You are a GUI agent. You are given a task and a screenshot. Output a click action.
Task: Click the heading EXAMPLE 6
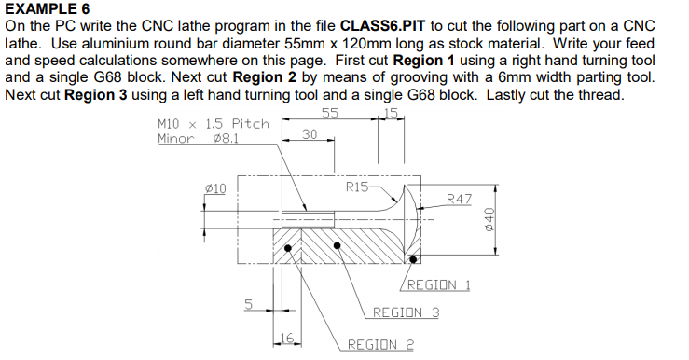click(x=48, y=8)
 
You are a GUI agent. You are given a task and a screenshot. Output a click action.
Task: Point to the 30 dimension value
click(x=311, y=134)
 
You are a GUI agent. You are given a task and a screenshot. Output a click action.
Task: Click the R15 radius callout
click(x=356, y=187)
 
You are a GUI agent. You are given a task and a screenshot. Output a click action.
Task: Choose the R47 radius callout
click(x=460, y=198)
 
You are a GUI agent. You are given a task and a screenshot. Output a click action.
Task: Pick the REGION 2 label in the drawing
click(x=380, y=344)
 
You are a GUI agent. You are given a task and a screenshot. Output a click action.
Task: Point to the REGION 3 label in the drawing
click(x=406, y=312)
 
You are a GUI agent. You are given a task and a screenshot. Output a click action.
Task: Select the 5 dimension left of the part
click(x=248, y=303)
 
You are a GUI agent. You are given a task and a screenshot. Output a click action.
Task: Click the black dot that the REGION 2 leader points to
click(x=289, y=249)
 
